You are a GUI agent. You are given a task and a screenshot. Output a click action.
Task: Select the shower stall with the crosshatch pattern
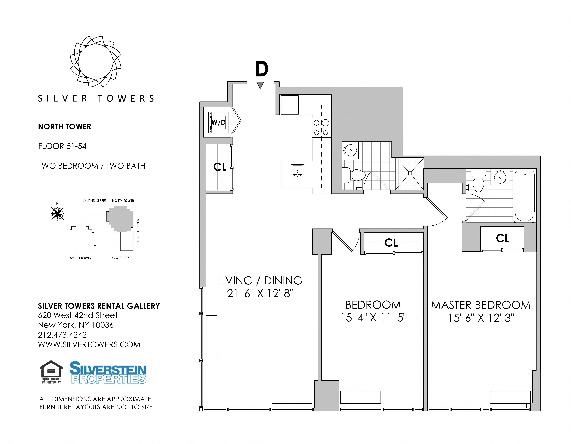[x=409, y=174]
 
